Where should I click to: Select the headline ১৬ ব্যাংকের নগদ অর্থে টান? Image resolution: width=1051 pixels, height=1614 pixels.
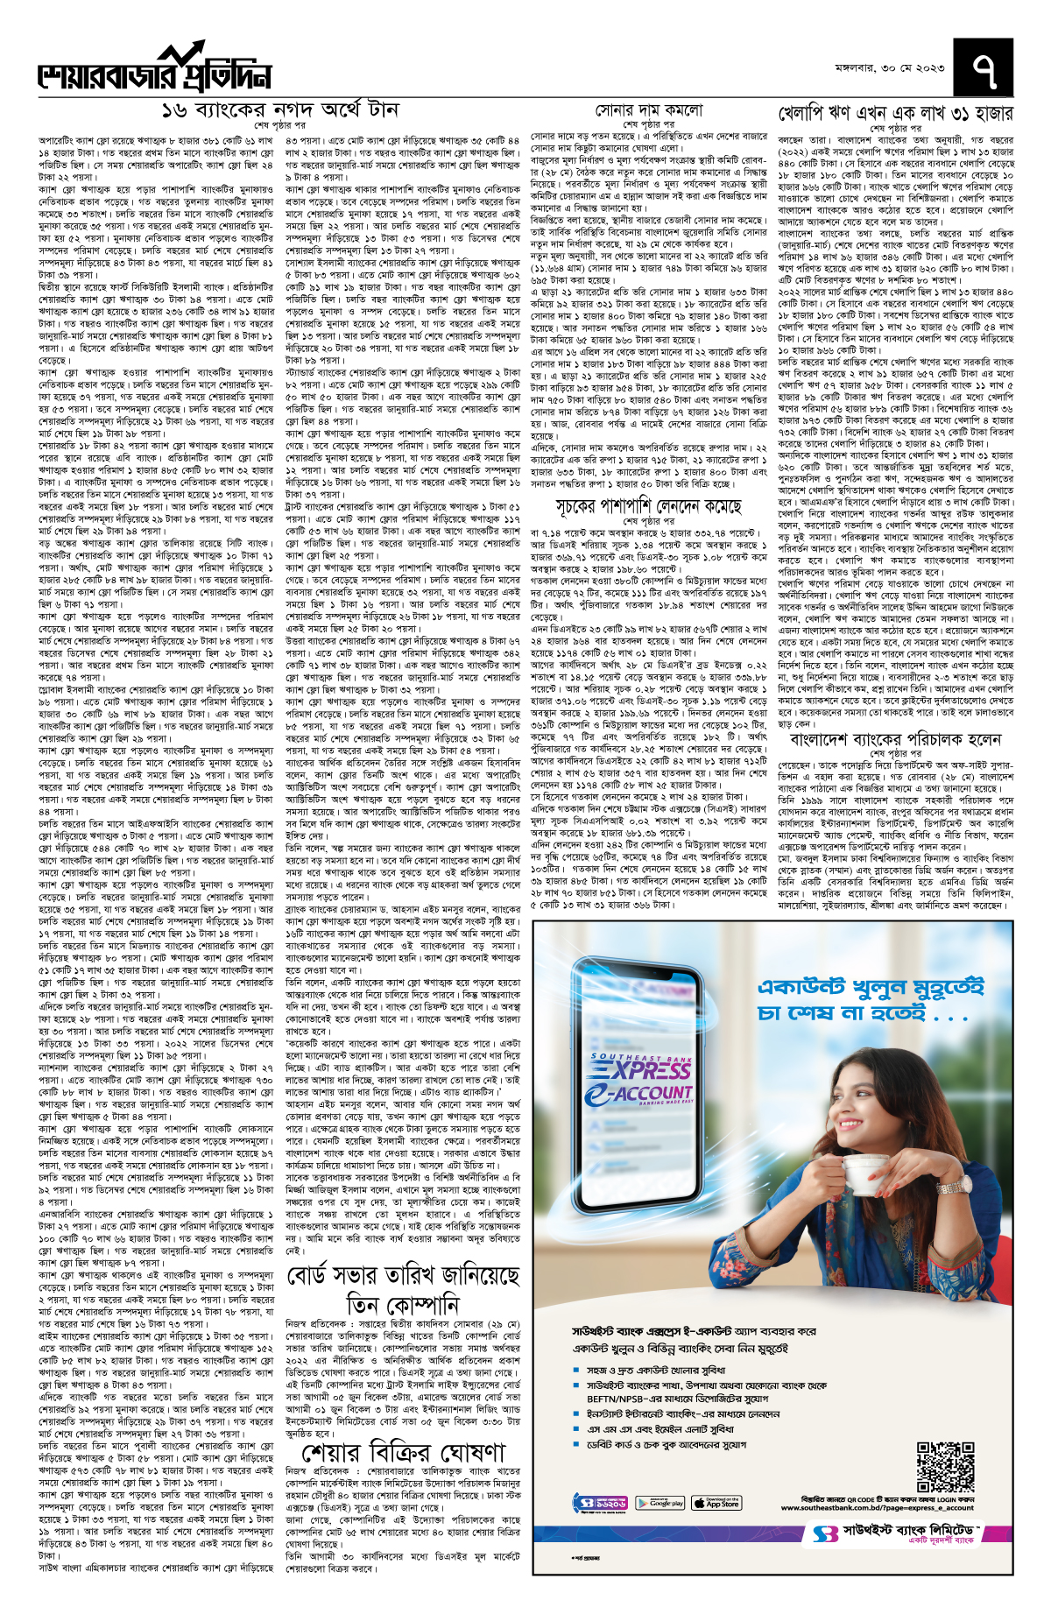(279, 110)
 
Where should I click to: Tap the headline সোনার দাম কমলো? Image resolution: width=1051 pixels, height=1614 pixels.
(649, 110)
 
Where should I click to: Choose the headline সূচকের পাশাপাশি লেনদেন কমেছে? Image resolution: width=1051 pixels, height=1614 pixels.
(648, 507)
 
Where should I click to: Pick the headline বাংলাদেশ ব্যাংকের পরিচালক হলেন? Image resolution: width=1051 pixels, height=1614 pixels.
(895, 739)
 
